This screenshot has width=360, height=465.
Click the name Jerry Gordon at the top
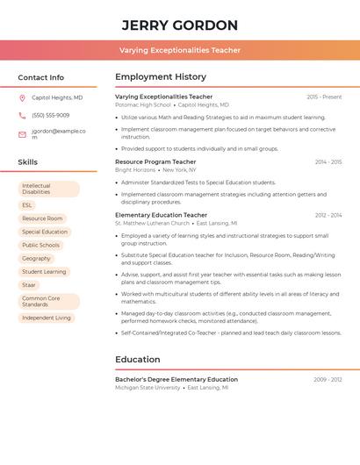[x=180, y=25]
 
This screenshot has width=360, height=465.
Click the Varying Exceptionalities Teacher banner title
[x=180, y=51]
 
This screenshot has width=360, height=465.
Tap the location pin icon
[x=22, y=98]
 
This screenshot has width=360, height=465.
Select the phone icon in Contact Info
[x=22, y=116]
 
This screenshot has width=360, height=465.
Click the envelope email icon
[x=22, y=134]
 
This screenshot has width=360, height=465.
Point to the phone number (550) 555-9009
[x=50, y=116]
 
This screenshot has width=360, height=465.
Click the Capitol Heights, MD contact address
[x=57, y=98]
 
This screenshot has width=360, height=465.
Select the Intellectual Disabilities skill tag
[x=48, y=189]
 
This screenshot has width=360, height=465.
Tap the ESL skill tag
[x=27, y=205]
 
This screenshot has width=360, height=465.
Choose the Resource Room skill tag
[x=42, y=218]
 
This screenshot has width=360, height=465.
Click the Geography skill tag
[x=36, y=259]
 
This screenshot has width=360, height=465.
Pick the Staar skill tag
[x=29, y=285]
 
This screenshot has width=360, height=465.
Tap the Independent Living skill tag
[x=47, y=318]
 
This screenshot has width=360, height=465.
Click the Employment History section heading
[x=161, y=77]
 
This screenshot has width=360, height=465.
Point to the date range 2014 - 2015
[x=328, y=162]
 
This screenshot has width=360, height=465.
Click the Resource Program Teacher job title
[x=155, y=162]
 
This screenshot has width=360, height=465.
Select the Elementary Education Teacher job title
[x=161, y=215]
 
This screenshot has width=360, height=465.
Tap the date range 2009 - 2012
[x=328, y=380]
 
